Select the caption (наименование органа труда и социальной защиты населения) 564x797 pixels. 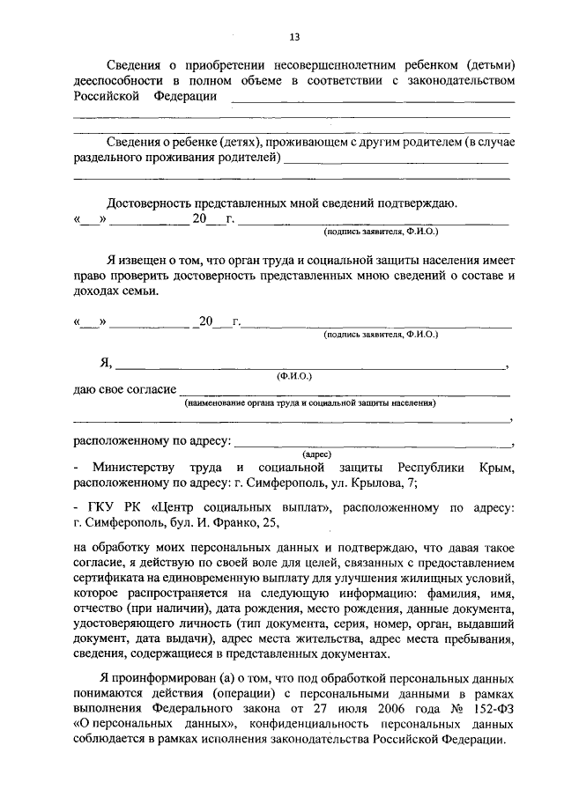click(310, 403)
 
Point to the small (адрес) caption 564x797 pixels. click(316, 454)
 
